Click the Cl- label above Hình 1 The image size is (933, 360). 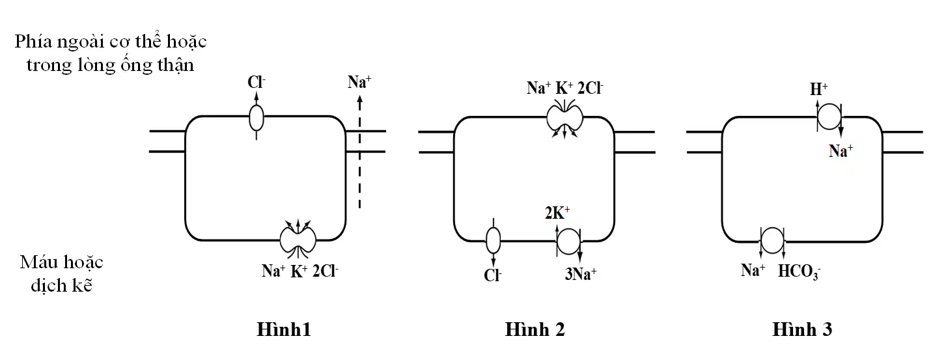click(256, 82)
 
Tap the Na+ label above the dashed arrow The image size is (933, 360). click(359, 82)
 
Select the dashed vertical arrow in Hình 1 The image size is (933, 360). click(360, 152)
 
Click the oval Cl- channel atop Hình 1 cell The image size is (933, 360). click(256, 118)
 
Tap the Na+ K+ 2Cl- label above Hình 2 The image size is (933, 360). click(564, 88)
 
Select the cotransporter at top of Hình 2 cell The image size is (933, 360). click(564, 118)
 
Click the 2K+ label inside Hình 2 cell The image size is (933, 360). click(557, 212)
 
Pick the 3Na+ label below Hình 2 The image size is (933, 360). click(581, 274)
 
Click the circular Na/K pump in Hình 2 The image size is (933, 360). click(568, 241)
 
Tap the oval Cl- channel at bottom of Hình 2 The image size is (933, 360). click(493, 240)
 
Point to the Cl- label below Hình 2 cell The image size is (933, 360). click(493, 275)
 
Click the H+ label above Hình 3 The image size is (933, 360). click(818, 89)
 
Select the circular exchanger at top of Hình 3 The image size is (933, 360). click(829, 117)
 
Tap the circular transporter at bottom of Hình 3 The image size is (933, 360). click(772, 240)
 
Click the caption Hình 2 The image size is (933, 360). click(535, 329)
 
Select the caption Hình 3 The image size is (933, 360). click(802, 329)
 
